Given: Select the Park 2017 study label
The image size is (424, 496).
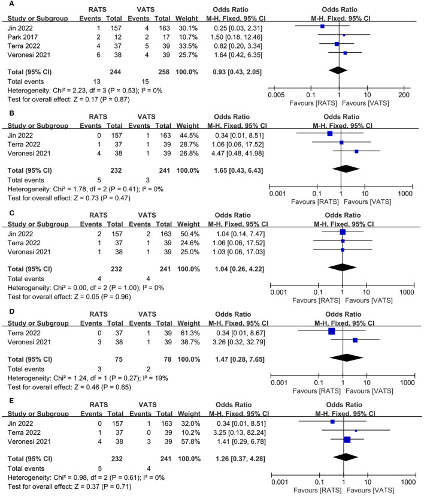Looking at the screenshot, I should tap(20, 35).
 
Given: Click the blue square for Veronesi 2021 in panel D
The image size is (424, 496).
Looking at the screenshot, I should tap(355, 340).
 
